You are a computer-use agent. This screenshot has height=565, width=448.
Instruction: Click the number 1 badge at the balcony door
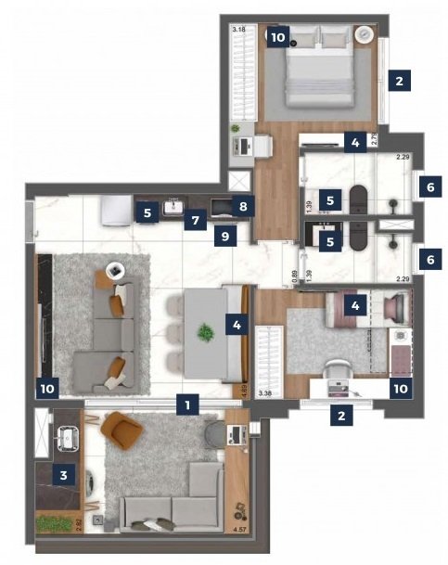coord(187,404)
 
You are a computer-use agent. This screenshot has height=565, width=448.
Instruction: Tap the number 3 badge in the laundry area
coord(63,476)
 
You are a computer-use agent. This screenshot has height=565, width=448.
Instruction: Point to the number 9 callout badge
coord(224,237)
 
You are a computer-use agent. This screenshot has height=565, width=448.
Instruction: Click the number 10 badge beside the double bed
coord(277,37)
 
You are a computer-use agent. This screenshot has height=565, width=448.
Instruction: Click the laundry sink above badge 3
coord(65,435)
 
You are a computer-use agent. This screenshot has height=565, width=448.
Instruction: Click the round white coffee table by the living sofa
coord(115,271)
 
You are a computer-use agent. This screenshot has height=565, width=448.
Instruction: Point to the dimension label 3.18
coord(239,30)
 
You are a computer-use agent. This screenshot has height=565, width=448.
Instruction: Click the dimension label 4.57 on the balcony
coord(241,531)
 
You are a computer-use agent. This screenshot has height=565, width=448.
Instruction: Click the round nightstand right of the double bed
coord(365,35)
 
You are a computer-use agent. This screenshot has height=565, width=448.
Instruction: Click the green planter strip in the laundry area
coord(58,522)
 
